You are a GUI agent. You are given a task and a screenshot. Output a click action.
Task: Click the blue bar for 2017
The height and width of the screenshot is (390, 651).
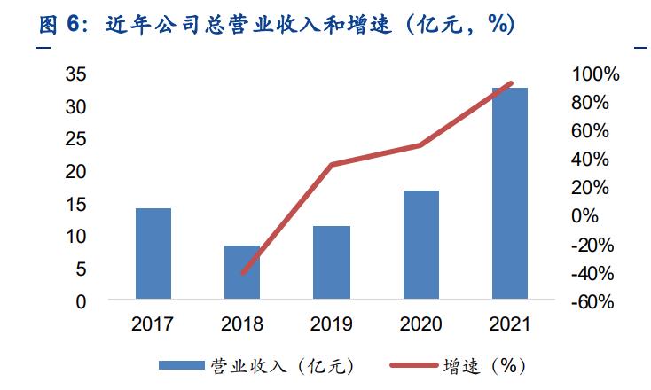point(153,253)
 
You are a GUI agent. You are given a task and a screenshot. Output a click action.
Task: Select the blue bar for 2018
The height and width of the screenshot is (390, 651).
point(242,272)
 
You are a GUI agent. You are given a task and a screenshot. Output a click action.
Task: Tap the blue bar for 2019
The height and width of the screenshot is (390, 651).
point(332,262)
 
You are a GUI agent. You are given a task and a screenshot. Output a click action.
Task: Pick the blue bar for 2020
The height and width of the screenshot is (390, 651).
point(421,245)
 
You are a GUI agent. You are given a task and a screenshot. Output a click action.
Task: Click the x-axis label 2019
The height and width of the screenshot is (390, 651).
point(332,324)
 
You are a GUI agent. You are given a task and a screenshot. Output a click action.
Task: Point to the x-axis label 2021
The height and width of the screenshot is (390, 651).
point(510,324)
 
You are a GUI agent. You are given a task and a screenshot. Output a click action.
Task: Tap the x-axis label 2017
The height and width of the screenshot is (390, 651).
point(153,324)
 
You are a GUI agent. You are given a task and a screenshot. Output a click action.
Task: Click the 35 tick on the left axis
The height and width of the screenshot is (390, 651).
point(76,74)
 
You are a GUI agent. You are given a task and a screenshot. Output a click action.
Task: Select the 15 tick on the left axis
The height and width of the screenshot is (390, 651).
point(76,204)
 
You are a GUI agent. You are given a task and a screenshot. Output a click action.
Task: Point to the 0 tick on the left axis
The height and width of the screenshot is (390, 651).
point(81,301)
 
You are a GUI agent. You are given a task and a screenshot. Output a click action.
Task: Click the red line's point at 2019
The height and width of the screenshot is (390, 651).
point(332,165)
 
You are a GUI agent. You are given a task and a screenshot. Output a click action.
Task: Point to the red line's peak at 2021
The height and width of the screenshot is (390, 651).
point(510,83)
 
